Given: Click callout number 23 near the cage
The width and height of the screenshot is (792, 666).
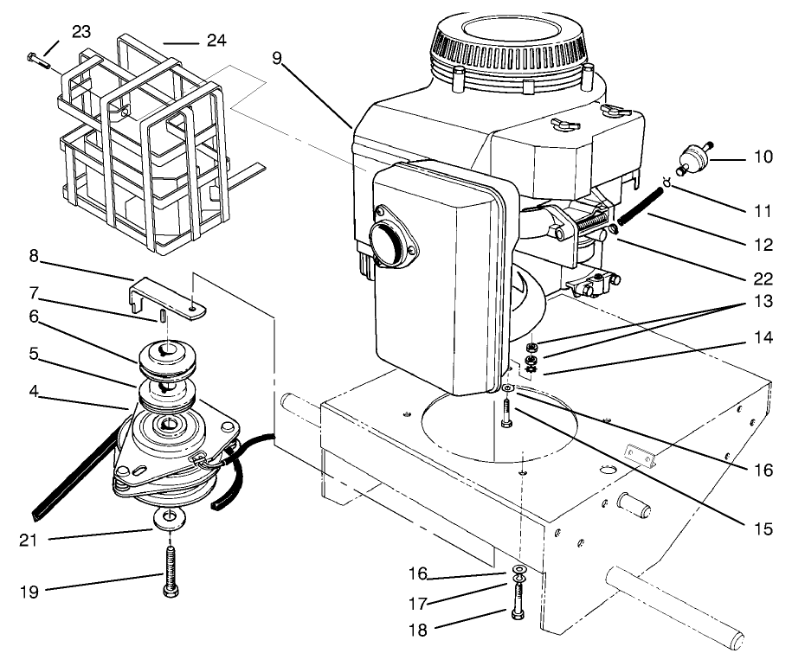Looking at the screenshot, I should coord(81,31).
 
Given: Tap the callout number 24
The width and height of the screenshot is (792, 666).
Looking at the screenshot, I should coord(216,39).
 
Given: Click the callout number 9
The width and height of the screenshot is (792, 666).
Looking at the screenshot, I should coord(276,58).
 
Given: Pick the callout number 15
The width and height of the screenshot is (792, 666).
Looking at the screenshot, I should coord(761,523).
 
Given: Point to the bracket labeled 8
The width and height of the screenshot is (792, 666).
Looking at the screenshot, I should coord(170,289).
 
